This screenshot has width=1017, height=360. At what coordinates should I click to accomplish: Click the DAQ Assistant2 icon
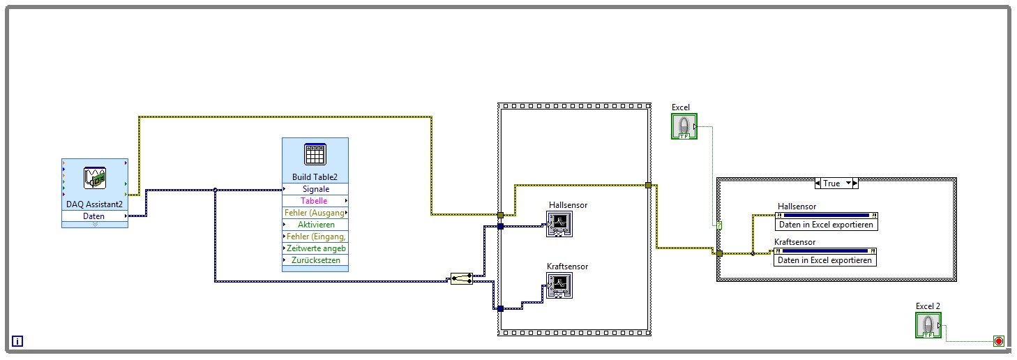pyautogui.click(x=94, y=178)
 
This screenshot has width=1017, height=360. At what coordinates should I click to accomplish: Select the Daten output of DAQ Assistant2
pyautogui.click(x=94, y=216)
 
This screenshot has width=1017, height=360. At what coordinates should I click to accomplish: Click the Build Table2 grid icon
pyautogui.click(x=315, y=154)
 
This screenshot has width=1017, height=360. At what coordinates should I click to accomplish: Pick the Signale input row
pyautogui.click(x=315, y=189)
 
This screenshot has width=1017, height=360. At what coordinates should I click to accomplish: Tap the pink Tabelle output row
pyautogui.click(x=314, y=201)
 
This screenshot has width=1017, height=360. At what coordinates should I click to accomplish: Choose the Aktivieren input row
pyautogui.click(x=315, y=225)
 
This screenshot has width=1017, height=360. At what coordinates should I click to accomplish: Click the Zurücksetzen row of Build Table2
pyautogui.click(x=315, y=260)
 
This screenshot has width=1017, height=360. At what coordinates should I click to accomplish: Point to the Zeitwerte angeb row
pyautogui.click(x=315, y=248)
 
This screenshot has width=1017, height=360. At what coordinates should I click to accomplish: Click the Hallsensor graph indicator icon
pyautogui.click(x=559, y=224)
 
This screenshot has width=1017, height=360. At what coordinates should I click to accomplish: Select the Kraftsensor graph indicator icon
pyautogui.click(x=559, y=285)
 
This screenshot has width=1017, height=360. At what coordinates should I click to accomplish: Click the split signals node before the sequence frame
pyautogui.click(x=462, y=279)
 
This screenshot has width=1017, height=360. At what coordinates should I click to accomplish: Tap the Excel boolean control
pyautogui.click(x=684, y=126)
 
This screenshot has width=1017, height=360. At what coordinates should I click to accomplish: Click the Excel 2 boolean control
pyautogui.click(x=928, y=325)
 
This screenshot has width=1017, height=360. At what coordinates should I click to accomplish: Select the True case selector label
pyautogui.click(x=832, y=183)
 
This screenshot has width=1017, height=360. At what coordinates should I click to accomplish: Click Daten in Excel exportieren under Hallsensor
pyautogui.click(x=825, y=225)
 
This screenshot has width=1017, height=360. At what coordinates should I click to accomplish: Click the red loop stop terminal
pyautogui.click(x=998, y=341)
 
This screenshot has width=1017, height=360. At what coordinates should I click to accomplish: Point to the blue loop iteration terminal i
pyautogui.click(x=18, y=341)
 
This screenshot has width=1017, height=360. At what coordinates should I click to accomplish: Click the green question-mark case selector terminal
pyautogui.click(x=719, y=225)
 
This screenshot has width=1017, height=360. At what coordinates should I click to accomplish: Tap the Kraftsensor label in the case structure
pyautogui.click(x=794, y=242)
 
